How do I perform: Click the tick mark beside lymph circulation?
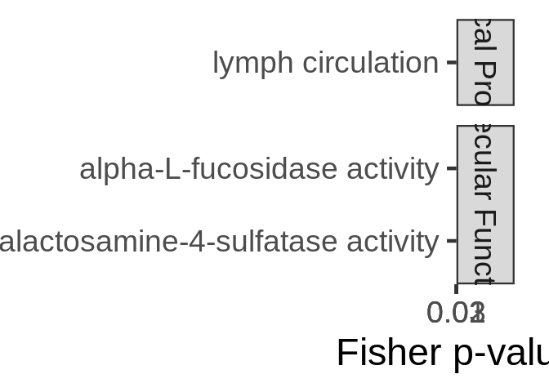(451, 62)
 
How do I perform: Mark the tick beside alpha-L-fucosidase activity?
(451, 168)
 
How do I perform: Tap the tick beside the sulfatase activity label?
(451, 241)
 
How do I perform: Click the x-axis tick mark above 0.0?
(456, 288)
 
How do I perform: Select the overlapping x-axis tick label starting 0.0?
(456, 312)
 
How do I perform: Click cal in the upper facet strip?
(484, 37)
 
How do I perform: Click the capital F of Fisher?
(346, 353)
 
